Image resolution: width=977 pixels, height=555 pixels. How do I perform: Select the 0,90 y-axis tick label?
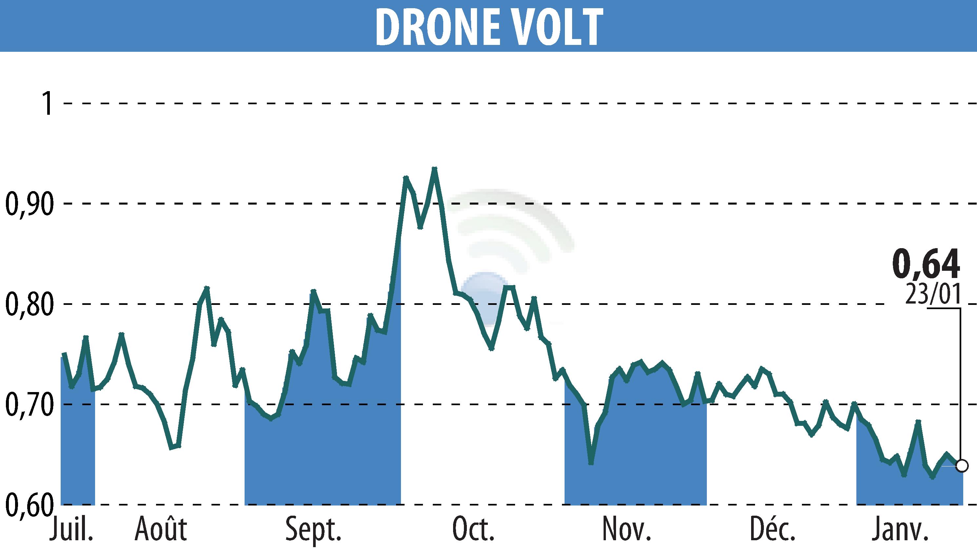[x=29, y=204]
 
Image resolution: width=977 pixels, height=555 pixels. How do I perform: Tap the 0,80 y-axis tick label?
[x=29, y=304]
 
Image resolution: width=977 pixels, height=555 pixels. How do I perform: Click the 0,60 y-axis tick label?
[x=29, y=504]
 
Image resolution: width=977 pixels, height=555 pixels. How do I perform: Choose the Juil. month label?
[x=71, y=529]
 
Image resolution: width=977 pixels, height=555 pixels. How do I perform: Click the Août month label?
[x=160, y=529]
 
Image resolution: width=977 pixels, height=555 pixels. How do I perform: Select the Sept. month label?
[x=313, y=529]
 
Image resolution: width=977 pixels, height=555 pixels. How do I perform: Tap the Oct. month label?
[x=473, y=529]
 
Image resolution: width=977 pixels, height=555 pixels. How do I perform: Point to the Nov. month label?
[x=627, y=529]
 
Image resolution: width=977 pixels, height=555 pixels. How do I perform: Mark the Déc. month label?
[x=773, y=529]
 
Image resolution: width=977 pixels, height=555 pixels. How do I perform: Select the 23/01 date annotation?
[x=932, y=295]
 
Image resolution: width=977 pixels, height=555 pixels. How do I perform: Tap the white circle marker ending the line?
[x=962, y=466]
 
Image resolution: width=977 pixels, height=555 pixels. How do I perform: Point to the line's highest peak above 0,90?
[x=434, y=168]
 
